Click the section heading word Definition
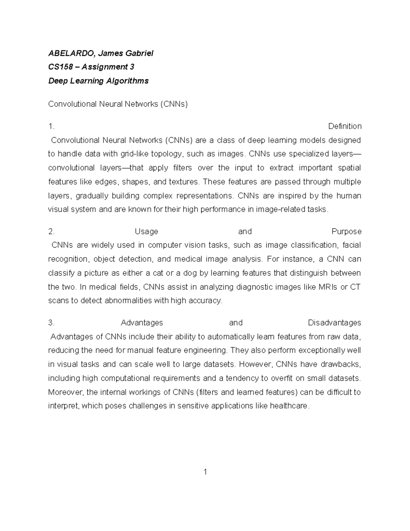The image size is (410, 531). pos(344,126)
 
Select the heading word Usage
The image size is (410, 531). pos(146,231)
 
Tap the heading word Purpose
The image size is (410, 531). pos(346,231)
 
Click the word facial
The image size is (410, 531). pos(352,245)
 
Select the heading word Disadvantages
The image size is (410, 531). pos(334,323)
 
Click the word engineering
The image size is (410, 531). pos(205,350)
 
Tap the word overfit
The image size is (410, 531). pos(284,378)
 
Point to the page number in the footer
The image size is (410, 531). pos(205,472)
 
